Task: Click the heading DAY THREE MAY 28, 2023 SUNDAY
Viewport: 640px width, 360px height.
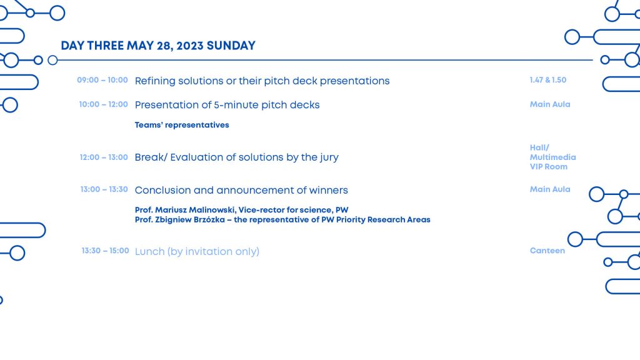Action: pos(158,46)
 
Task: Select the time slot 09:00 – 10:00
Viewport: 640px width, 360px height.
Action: pos(102,80)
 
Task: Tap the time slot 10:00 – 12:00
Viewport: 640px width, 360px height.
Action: pos(103,104)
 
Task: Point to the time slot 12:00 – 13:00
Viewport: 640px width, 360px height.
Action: pos(104,157)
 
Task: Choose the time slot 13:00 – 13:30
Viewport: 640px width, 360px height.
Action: pos(104,189)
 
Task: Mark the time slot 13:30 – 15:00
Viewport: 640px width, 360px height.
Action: pos(105,251)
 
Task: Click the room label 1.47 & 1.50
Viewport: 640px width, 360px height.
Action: pos(547,80)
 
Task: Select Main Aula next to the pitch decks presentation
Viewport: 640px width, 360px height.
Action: pos(550,104)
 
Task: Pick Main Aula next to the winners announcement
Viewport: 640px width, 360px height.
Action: pos(550,189)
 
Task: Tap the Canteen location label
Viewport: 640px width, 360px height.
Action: pos(547,251)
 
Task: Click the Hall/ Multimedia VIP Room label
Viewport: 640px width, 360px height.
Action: pos(552,157)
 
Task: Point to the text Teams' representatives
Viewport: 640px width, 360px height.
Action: pos(182,125)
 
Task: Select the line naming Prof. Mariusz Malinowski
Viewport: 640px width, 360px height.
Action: pos(241,210)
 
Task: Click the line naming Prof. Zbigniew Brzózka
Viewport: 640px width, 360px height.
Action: pos(282,220)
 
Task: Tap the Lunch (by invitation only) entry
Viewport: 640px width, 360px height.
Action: pos(197,251)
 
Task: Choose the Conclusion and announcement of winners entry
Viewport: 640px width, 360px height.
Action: pos(241,190)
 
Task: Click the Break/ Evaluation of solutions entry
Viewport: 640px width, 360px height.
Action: pos(236,157)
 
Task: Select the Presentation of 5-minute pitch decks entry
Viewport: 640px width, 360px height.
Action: pos(227,105)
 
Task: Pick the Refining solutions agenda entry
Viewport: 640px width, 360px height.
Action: pos(262,81)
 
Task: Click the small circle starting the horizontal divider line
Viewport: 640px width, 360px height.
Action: pos(52,60)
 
